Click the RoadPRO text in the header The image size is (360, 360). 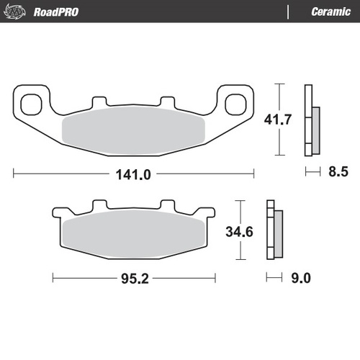56,11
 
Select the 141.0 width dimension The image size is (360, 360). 134,174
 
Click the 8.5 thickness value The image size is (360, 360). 337,172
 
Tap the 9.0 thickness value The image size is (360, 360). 297,278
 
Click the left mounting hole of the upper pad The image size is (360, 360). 32,104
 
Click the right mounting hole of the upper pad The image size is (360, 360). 235,104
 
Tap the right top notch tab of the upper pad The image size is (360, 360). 167,102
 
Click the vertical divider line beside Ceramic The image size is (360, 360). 288,11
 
